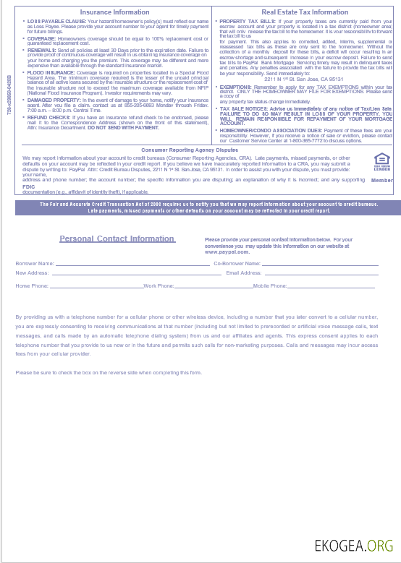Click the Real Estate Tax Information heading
click(304, 12)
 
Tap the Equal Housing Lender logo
click(381, 162)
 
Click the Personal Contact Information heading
click(117, 238)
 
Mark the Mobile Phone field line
click(333, 287)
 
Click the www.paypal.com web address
click(227, 252)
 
